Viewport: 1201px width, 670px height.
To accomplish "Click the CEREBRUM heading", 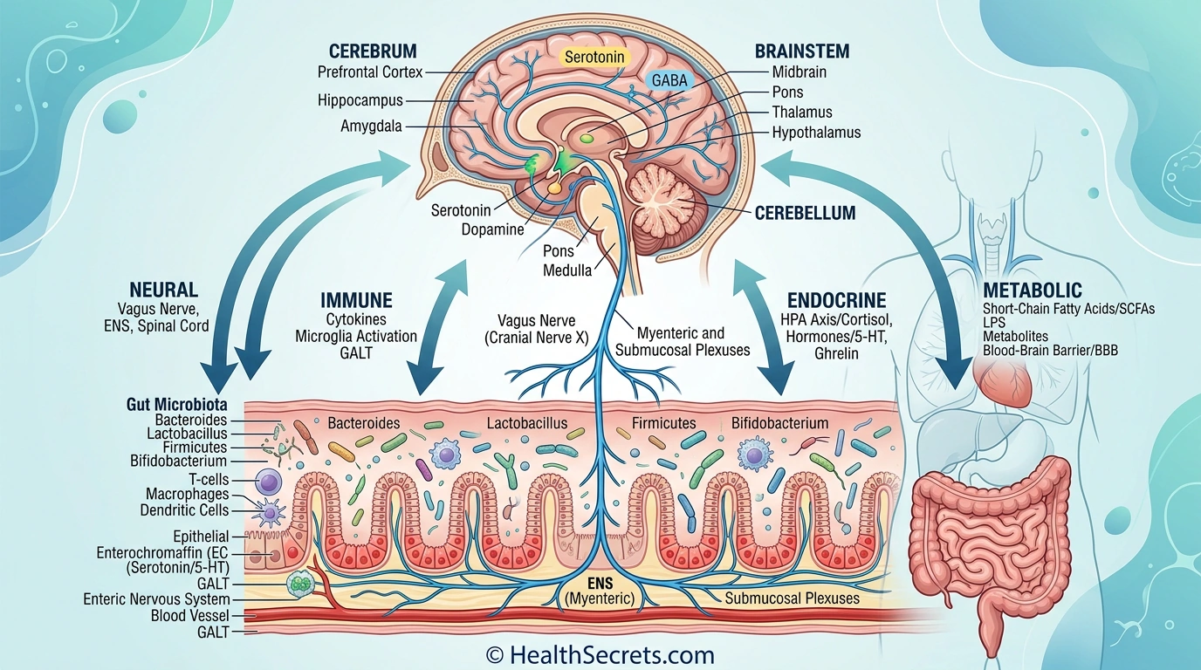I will tap(373, 51).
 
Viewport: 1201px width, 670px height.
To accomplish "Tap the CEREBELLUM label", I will tap(806, 212).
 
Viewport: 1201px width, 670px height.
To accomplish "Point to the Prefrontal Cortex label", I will tap(370, 72).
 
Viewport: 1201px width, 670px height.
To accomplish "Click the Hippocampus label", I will tap(360, 100).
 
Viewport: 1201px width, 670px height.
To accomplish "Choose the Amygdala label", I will tap(372, 126).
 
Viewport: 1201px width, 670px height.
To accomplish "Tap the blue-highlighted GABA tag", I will tap(670, 81).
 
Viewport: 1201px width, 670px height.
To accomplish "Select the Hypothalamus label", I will tap(816, 133).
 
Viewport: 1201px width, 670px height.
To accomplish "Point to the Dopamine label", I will tap(493, 229).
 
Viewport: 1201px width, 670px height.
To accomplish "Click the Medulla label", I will tap(567, 270).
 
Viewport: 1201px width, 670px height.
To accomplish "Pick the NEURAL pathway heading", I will tap(163, 290).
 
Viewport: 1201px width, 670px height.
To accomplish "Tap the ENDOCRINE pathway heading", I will tap(836, 299).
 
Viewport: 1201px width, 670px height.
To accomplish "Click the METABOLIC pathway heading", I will tap(1033, 290).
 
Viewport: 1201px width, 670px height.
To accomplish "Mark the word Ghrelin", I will tap(836, 354).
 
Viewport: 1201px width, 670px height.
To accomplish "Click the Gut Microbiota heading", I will tap(177, 405).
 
